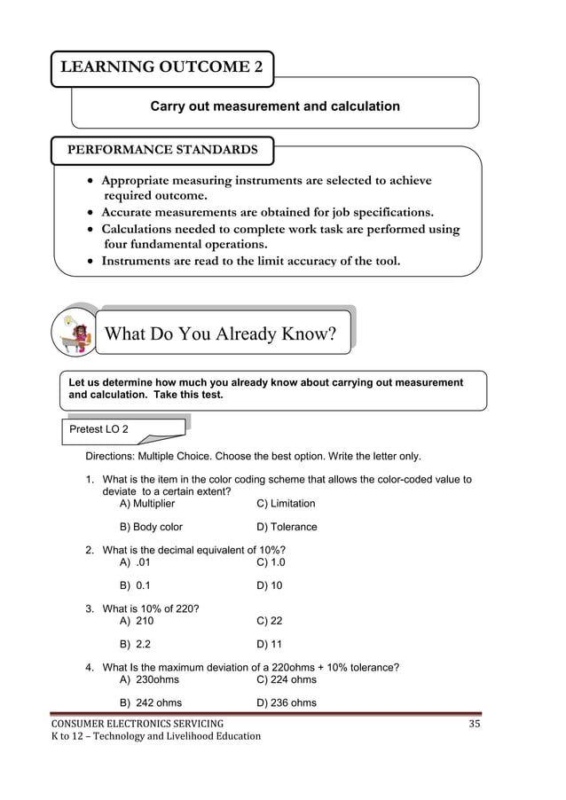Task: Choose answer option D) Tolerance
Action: pyautogui.click(x=286, y=527)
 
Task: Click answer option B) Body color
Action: pyautogui.click(x=151, y=527)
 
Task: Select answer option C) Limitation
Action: pyautogui.click(x=285, y=504)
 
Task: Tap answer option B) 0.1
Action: pyautogui.click(x=135, y=585)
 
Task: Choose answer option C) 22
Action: pyautogui.click(x=269, y=621)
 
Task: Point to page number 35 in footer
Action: pyautogui.click(x=475, y=725)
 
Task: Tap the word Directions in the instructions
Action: pyautogui.click(x=112, y=457)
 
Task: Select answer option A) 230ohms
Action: pyautogui.click(x=149, y=680)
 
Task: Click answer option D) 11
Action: pyautogui.click(x=269, y=644)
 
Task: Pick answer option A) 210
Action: pyautogui.click(x=137, y=621)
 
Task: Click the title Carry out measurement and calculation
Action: pyautogui.click(x=275, y=106)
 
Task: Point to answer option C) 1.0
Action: pyautogui.click(x=271, y=562)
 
